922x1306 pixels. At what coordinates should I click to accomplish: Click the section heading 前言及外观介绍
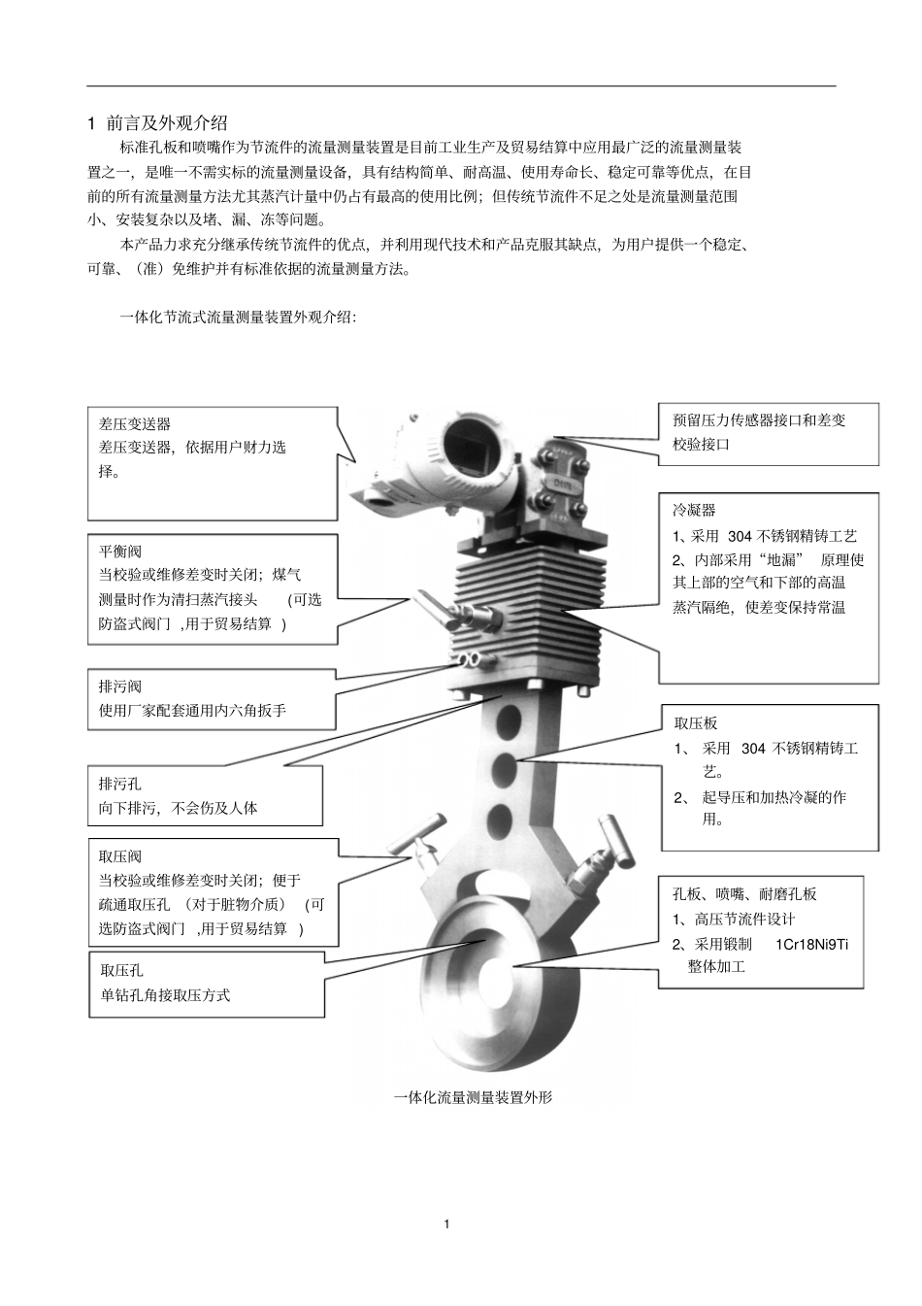click(x=166, y=122)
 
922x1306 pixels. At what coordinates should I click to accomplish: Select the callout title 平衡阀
click(x=120, y=552)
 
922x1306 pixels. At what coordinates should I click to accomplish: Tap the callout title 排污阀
click(x=120, y=686)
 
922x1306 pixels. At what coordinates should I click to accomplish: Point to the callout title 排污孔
click(x=120, y=783)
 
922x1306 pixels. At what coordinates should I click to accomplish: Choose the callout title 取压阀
click(x=120, y=856)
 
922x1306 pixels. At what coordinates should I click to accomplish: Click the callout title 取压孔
click(x=122, y=970)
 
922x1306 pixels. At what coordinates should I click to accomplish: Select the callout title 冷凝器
click(x=694, y=510)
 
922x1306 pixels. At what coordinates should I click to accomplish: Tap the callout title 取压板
click(x=696, y=723)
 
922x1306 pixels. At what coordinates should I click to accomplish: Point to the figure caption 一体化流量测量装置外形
click(x=473, y=1097)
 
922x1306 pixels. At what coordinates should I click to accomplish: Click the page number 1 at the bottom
click(x=446, y=1223)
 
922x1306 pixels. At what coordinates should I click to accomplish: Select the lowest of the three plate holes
click(x=500, y=817)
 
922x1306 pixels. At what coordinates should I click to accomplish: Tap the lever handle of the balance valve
click(x=431, y=608)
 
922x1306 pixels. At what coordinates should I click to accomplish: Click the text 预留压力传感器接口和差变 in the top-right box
click(x=759, y=420)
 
